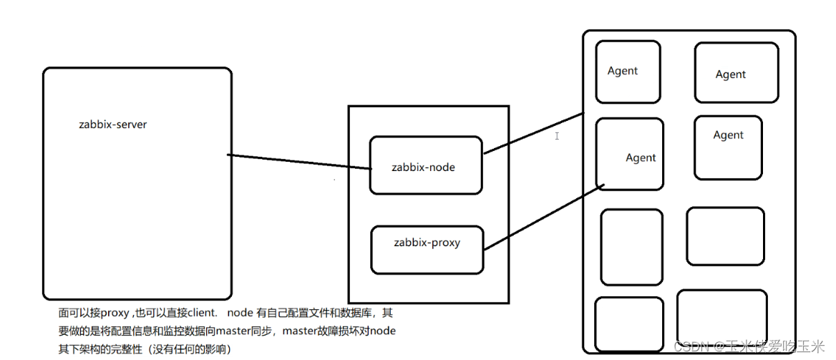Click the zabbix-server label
click(x=112, y=125)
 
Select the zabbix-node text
click(x=423, y=167)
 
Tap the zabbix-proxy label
click(x=427, y=243)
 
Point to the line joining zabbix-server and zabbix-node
click(x=299, y=162)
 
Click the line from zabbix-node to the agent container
click(x=533, y=133)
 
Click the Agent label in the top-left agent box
click(x=623, y=71)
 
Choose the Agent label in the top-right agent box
click(x=730, y=74)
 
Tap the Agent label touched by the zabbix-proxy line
click(x=641, y=158)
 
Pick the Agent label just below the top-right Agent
click(x=728, y=135)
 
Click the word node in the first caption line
click(x=240, y=313)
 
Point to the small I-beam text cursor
click(x=557, y=136)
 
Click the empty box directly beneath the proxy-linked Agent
click(x=631, y=247)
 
